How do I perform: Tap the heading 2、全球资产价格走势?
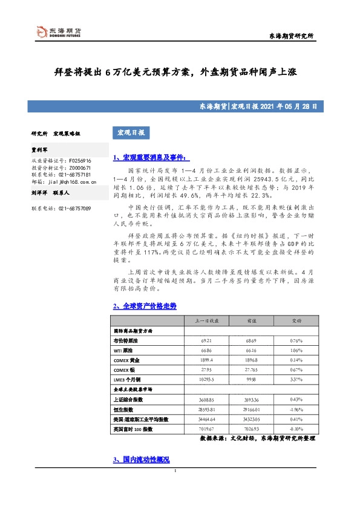click(145, 306)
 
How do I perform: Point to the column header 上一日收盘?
click(201, 321)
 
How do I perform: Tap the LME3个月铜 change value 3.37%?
click(296, 380)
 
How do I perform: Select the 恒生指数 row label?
click(125, 409)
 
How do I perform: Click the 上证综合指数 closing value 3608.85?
click(201, 400)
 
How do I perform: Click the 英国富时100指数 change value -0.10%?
click(296, 429)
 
